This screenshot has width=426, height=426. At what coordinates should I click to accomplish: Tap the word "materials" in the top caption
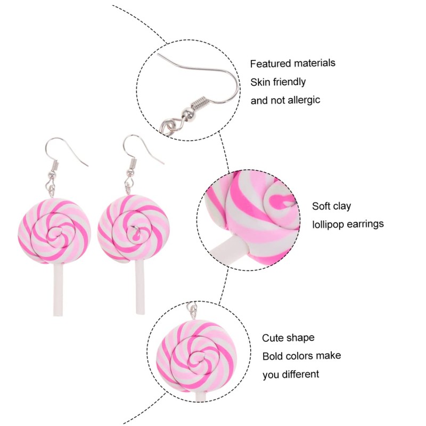click(x=314, y=63)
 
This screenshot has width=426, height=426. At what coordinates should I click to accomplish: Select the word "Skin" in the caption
click(x=260, y=82)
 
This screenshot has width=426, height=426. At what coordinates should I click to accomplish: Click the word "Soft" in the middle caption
click(x=322, y=206)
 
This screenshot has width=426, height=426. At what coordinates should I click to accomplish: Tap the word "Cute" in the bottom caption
click(x=273, y=338)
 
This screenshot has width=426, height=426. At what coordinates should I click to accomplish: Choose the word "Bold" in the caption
click(x=273, y=356)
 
